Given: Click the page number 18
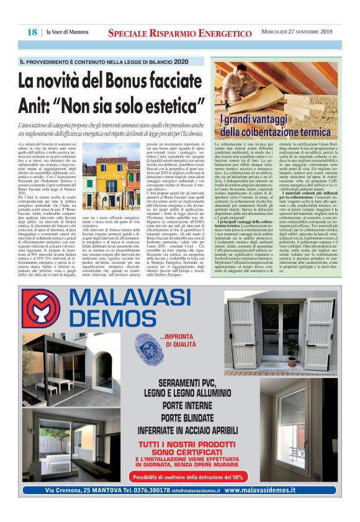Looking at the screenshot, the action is point(32,32).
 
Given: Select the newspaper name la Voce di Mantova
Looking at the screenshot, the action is point(68,32).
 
